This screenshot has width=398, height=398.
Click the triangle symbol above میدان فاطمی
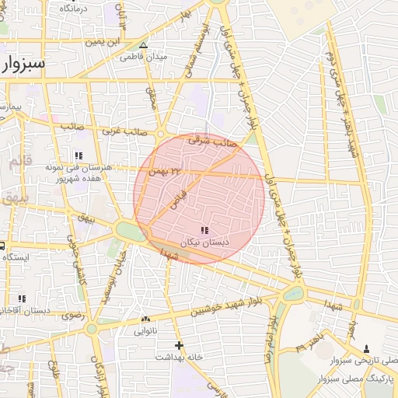pos(143,45)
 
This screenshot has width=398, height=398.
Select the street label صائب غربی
pos(120,132)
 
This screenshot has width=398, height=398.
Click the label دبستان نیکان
pos(204,243)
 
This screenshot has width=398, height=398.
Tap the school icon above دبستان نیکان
pos(204,230)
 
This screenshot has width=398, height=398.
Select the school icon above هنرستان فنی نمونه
pos(78,155)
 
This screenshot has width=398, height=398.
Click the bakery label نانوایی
pos(145,330)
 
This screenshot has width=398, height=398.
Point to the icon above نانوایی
pos(145,319)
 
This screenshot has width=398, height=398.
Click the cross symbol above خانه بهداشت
pos(180,344)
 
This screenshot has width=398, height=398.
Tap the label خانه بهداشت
pos(180,356)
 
